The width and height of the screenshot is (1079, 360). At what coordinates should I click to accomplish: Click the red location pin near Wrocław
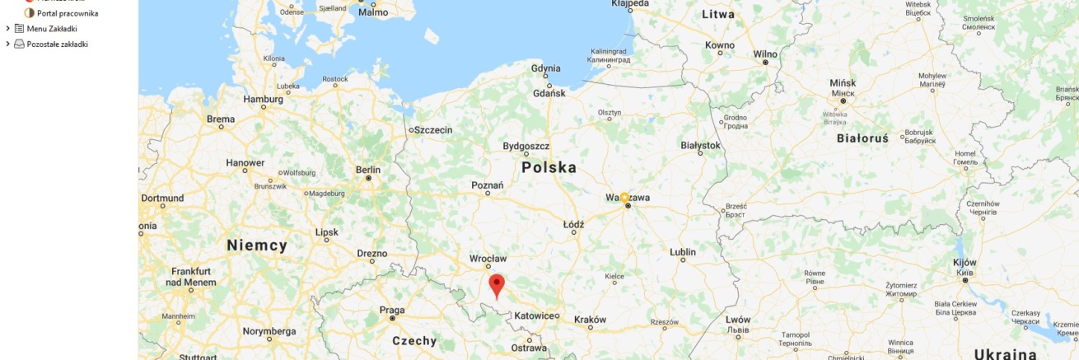(496, 285)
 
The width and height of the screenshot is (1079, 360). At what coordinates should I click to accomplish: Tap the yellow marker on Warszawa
(624, 198)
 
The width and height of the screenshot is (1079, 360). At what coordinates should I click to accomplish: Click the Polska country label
(549, 167)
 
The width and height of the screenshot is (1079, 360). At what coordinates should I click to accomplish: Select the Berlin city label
(367, 170)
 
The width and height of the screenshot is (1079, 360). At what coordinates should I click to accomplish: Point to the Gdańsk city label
(549, 93)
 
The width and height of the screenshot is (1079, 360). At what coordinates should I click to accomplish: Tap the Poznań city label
(487, 185)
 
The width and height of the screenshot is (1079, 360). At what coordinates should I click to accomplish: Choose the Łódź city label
(573, 224)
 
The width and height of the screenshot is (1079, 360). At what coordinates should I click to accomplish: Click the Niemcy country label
(256, 245)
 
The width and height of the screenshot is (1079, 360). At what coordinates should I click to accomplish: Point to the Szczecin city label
(433, 129)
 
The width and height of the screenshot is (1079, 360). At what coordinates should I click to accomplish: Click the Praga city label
(391, 310)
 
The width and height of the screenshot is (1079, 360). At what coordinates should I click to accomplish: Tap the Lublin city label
(682, 252)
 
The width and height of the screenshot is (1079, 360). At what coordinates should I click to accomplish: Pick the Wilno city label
(764, 54)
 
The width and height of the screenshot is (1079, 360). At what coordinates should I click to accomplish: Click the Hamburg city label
(263, 100)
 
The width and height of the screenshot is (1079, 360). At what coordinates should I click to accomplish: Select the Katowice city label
(535, 316)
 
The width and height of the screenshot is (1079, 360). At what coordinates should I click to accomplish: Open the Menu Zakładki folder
(51, 29)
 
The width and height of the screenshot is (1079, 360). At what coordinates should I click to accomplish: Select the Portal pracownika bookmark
(68, 13)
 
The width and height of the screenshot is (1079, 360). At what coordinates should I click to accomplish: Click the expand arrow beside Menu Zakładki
(7, 29)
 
